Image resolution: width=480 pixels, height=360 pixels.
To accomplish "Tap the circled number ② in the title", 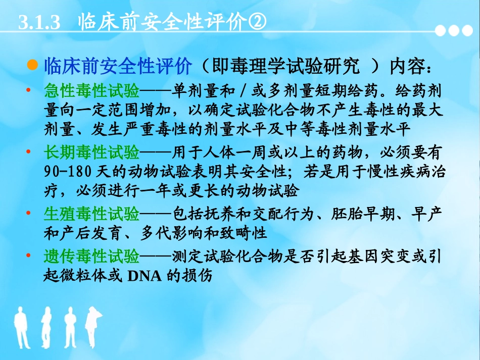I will [256, 23].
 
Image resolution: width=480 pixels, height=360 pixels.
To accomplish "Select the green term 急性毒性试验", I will [91, 91].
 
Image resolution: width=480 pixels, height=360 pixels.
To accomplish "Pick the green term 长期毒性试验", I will [91, 151].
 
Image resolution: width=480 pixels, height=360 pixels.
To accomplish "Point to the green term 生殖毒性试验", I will [91, 214].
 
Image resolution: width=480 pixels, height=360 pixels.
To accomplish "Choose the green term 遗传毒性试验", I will [91, 257].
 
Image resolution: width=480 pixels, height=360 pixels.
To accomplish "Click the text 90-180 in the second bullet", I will [65, 170].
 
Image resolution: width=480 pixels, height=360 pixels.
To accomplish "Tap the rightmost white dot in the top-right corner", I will [467, 31].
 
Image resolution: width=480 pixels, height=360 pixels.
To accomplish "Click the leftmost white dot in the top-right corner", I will [443, 31].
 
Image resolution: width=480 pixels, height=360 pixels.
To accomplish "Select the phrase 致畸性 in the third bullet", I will [250, 233].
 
